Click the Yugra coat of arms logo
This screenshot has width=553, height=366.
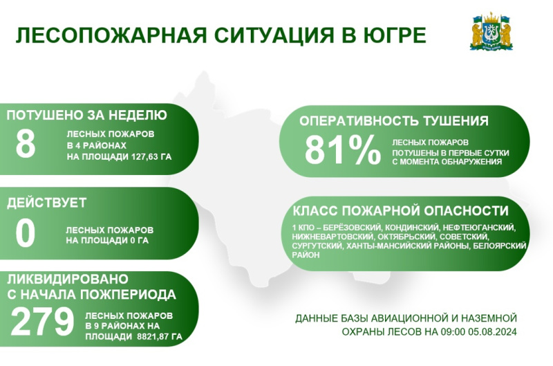pos(491,32)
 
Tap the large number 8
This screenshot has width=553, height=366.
pos(26,144)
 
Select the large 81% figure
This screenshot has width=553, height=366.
pos(342,150)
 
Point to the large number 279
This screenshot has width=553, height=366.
pos(42,322)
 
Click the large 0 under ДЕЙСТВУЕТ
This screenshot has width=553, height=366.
pos(26,233)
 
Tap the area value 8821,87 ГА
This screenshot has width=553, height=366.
pos(160,337)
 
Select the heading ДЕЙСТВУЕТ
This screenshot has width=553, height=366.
pos(46,203)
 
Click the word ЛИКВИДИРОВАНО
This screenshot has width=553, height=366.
pos(67,280)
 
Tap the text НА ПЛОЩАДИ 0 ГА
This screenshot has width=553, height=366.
pos(107,241)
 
